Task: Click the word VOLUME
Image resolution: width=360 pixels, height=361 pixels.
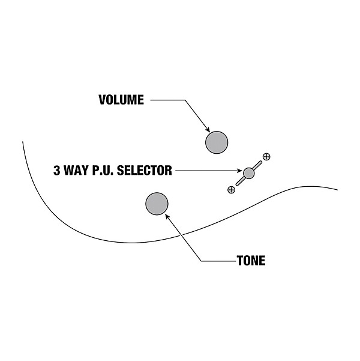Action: pos(121,100)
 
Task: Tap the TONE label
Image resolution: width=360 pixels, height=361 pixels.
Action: pos(251,261)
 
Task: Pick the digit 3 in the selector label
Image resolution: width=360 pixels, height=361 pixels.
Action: pos(57,171)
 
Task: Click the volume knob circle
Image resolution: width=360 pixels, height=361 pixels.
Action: pos(217,142)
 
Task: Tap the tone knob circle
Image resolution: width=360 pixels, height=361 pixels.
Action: pos(157,204)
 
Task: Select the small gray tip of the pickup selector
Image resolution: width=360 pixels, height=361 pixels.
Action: pos(249,173)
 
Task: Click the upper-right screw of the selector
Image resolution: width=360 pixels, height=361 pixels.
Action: pos(266,157)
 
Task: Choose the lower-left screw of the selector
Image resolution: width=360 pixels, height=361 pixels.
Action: pos(232,190)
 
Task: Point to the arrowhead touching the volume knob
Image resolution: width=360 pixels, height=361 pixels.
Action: pos(208,130)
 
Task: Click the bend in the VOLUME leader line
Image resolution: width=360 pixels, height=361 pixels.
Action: pos(184,100)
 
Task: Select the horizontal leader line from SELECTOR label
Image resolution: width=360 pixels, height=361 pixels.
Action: pos(204,171)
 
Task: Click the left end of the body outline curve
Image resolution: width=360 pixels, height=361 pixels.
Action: pos(23,142)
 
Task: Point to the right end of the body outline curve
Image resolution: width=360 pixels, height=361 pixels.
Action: pos(337,190)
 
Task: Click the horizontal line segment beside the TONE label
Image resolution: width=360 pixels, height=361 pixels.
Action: pos(219,261)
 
